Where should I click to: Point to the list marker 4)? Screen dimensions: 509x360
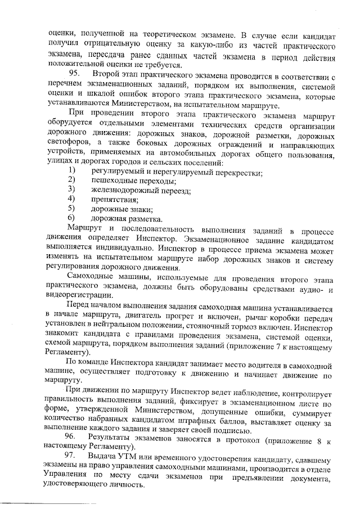(72, 199)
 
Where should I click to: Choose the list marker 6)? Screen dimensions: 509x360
(72, 218)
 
